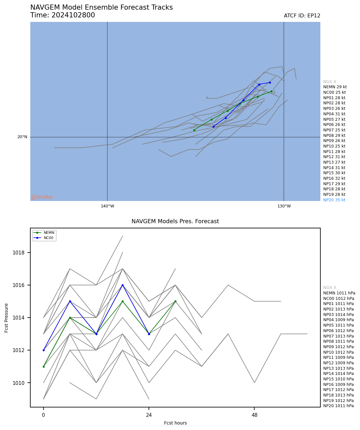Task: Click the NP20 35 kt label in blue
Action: coord(334,200)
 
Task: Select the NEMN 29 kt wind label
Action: coord(335,87)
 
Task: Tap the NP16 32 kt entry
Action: coord(334,178)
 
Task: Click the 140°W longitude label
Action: coord(107,206)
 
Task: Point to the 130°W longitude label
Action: coord(284,206)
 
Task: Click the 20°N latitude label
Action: coord(22,137)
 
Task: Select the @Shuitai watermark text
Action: coord(42,197)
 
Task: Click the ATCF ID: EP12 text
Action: coord(302,16)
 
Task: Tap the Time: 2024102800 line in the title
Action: coord(63,15)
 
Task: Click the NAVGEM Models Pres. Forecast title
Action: coord(175,221)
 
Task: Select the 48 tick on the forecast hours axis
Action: coord(255,415)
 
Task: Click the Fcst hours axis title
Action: coord(175,423)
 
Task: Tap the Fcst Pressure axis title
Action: coord(6,318)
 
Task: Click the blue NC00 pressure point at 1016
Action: coord(122,285)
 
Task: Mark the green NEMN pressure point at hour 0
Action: coord(44,367)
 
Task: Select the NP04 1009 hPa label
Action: coord(338,320)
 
